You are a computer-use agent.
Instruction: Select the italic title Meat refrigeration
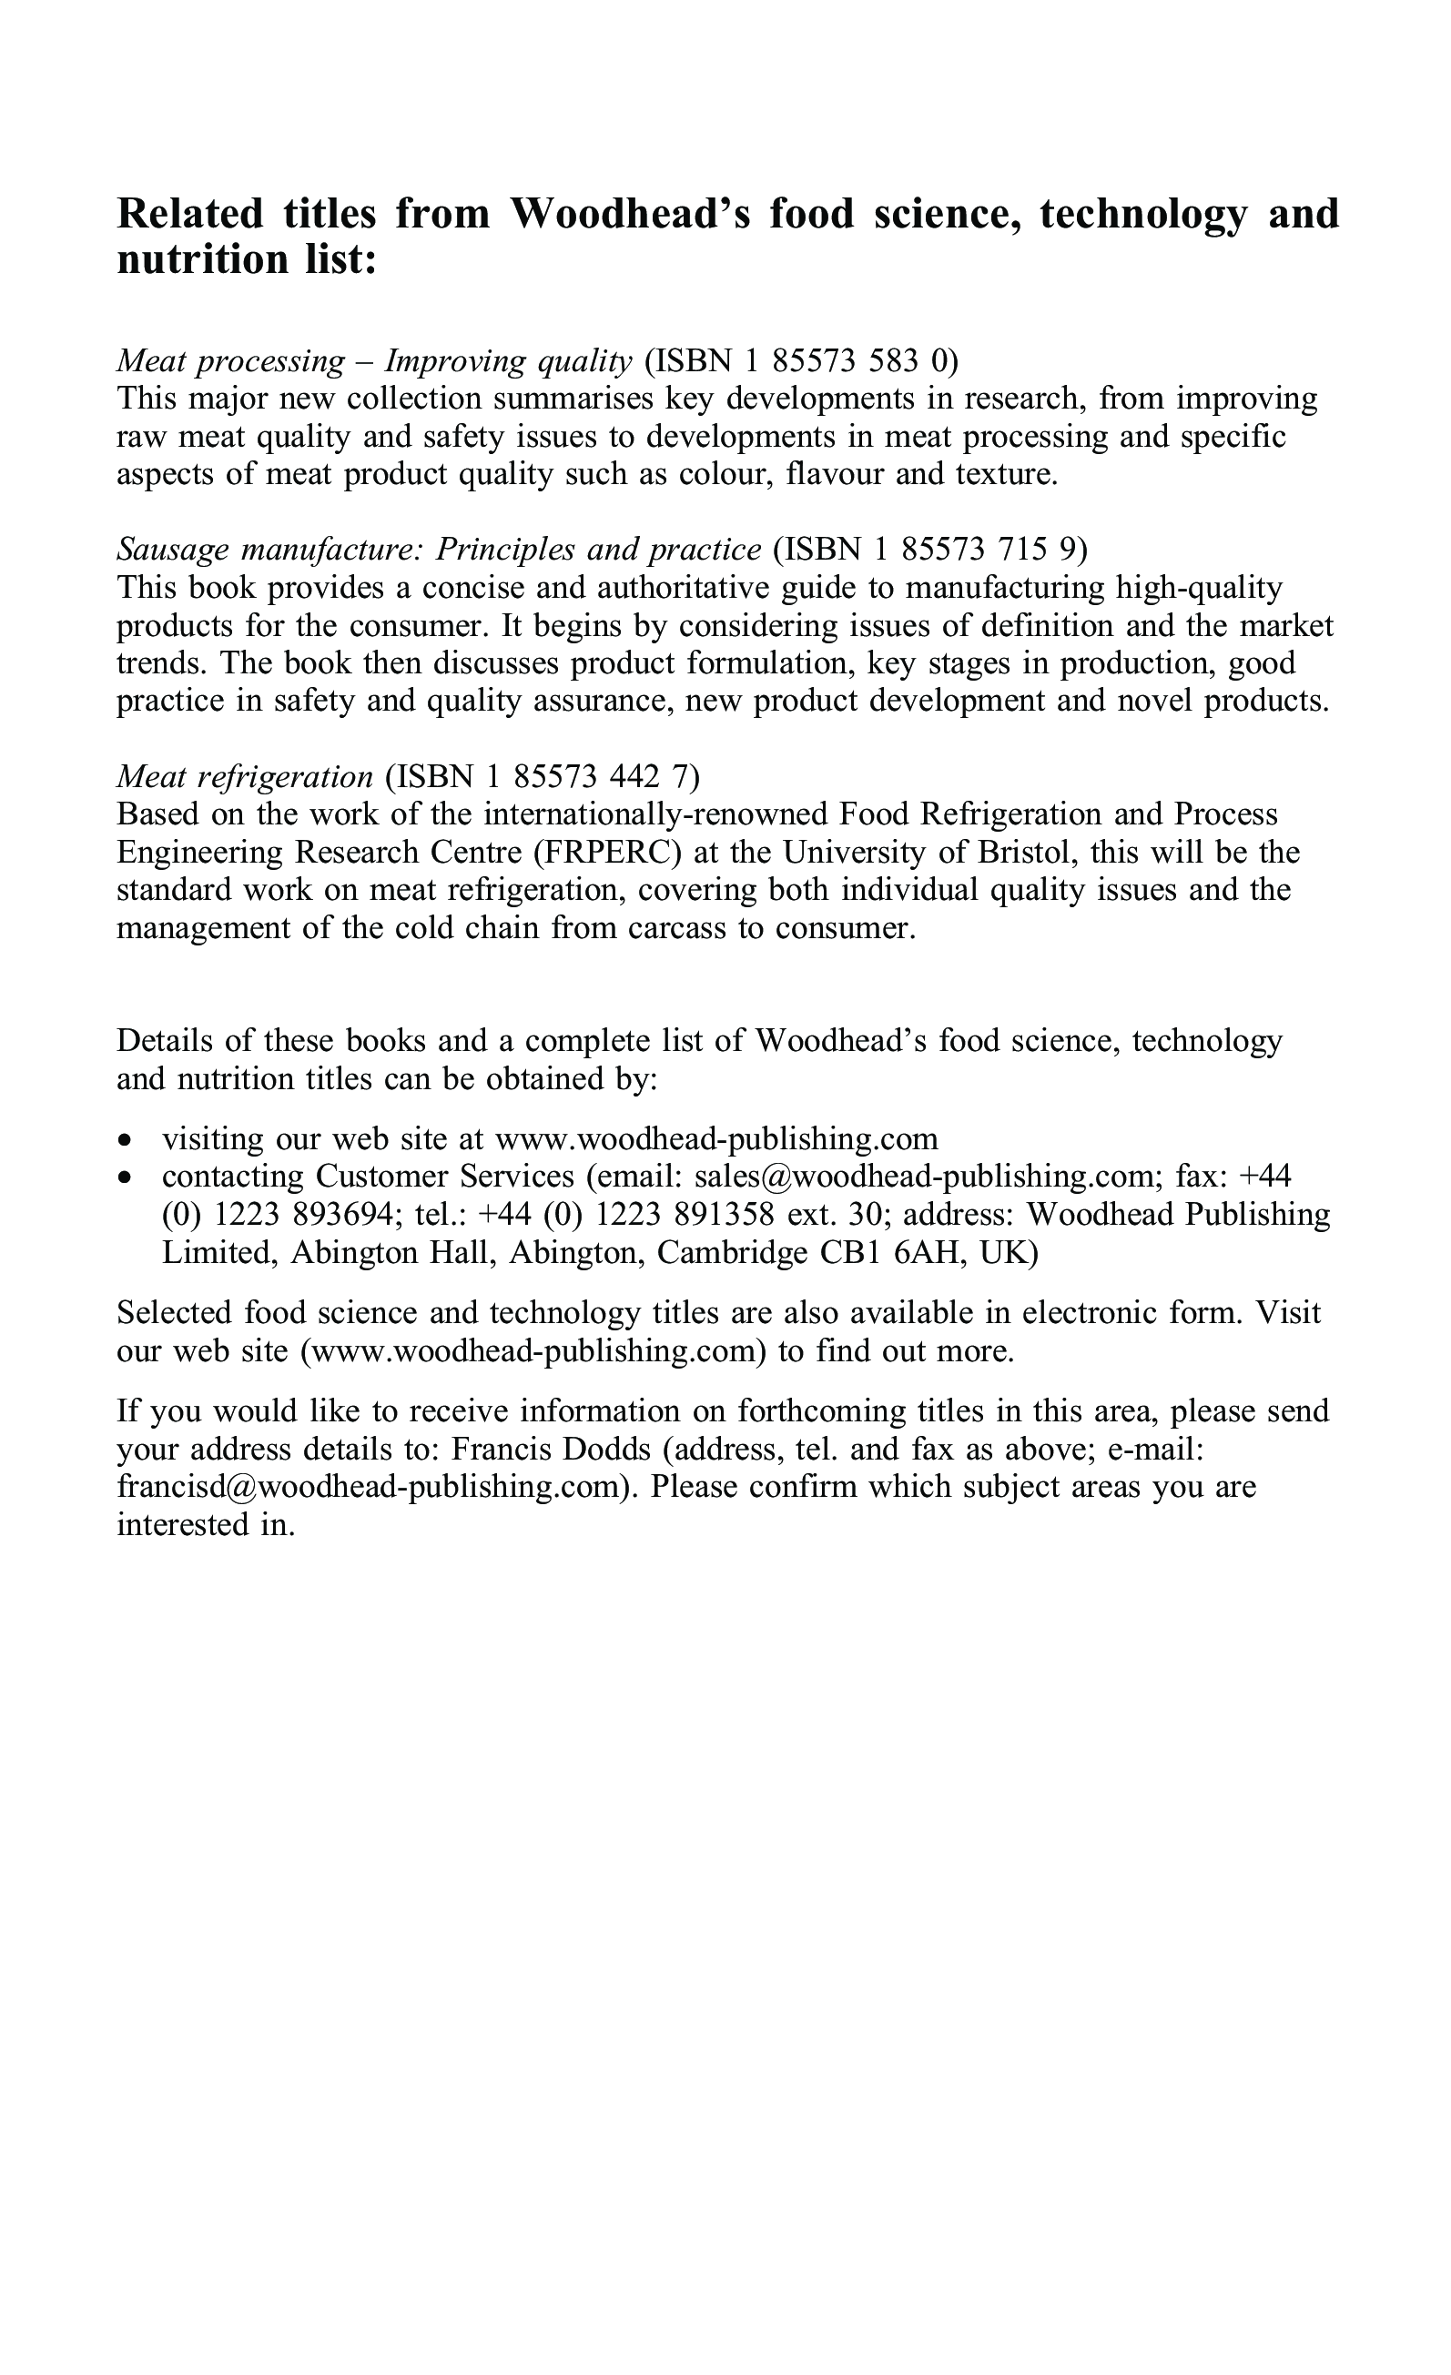[x=244, y=776]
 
